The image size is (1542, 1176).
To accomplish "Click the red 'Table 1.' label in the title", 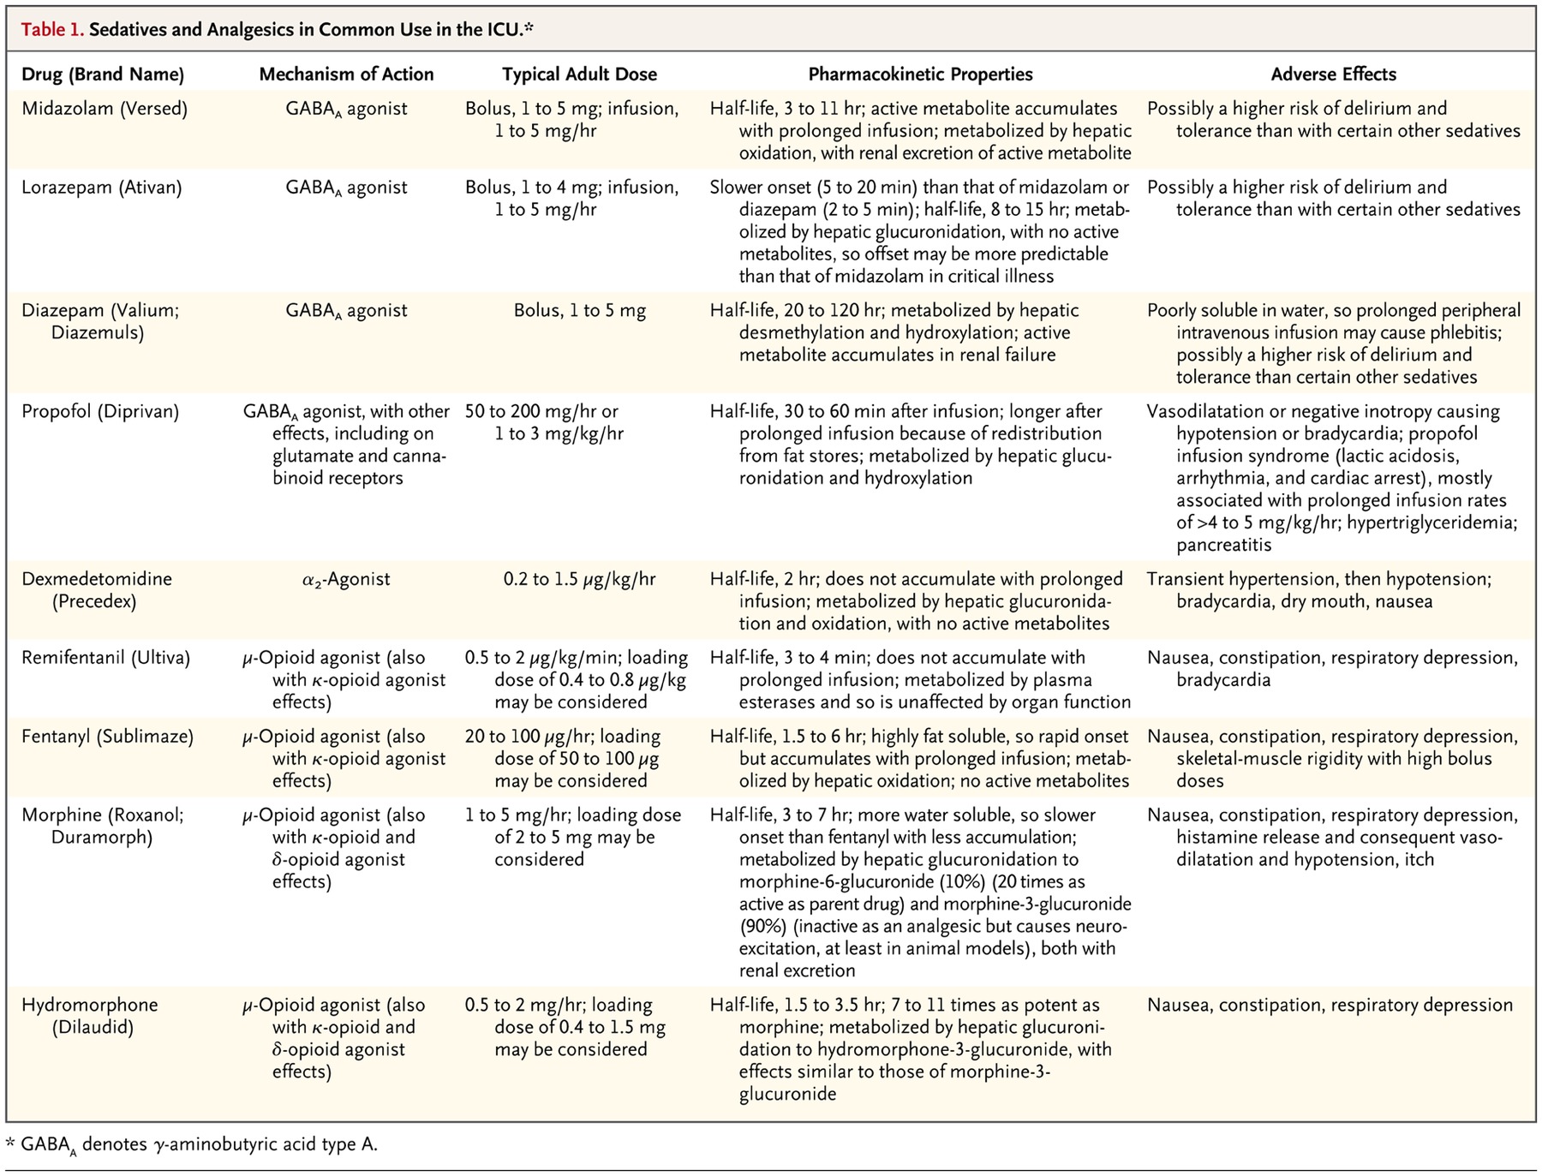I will tap(52, 30).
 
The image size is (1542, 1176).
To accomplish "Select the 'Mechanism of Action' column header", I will tap(346, 75).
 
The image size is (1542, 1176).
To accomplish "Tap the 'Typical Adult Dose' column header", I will tap(579, 75).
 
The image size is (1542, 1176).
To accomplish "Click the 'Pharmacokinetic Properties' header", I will tap(920, 75).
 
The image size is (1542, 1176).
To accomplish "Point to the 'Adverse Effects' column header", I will tap(1333, 75).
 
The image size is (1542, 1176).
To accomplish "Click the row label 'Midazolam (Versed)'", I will tap(105, 109).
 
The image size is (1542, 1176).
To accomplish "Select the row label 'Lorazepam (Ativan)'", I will tap(102, 188).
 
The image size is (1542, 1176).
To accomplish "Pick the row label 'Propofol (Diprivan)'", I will tap(100, 412).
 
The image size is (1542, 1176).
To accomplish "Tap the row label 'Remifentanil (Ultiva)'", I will tap(106, 658).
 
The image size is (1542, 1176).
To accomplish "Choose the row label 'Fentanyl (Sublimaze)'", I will tap(108, 737).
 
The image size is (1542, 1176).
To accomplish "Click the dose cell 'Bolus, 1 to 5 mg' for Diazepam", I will tap(579, 311).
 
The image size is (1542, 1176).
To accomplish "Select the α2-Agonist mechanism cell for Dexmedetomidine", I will tap(346, 579).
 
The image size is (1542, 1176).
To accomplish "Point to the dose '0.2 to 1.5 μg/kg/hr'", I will tap(579, 579).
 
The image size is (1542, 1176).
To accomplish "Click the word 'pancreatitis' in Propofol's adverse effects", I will tap(1223, 545).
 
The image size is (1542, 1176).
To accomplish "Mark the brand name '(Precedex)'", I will tap(94, 601).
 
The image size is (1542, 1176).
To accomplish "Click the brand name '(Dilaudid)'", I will tap(93, 1027).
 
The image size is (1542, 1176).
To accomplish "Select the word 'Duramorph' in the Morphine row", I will tap(102, 837).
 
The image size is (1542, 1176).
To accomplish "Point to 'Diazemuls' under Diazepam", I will tap(97, 333).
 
